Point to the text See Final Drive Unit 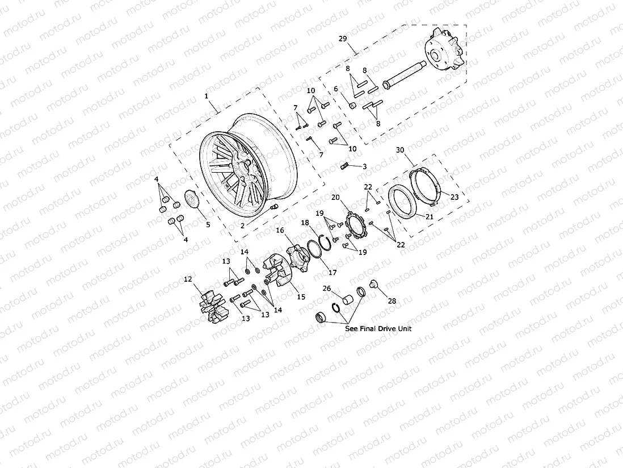378,328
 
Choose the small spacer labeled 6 352,106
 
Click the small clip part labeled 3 344,166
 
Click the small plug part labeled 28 373,284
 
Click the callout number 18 305,223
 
